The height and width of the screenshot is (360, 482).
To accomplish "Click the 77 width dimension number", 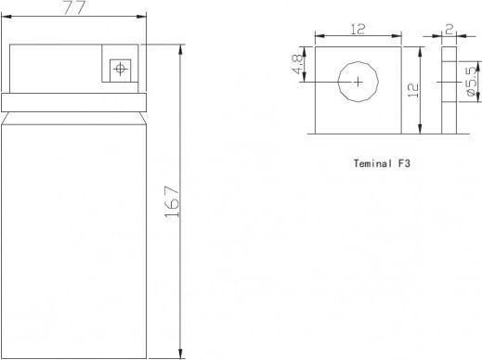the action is (74, 7).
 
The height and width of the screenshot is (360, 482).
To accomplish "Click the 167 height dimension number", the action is (172, 201).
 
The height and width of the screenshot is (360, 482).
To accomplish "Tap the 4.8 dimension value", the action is (297, 64).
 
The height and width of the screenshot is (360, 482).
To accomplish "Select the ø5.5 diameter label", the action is (471, 82).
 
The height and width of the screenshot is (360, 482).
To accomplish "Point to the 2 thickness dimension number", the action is (449, 30).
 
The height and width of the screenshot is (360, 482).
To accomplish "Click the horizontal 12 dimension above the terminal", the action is (358, 29).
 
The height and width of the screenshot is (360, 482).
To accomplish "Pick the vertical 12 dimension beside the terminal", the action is (413, 90).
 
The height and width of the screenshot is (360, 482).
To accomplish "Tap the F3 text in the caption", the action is (404, 163).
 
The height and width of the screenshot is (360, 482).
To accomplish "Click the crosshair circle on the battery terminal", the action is (120, 69).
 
